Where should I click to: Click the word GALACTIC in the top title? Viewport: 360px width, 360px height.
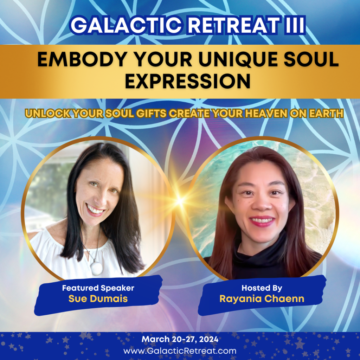pyautogui.click(x=127, y=25)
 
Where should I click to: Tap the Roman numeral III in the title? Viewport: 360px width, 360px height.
pyautogui.click(x=295, y=25)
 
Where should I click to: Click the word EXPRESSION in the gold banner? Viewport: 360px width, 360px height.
pyautogui.click(x=187, y=81)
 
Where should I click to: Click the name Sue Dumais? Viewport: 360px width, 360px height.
pyautogui.click(x=98, y=299)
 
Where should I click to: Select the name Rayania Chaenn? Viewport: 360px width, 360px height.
pyautogui.click(x=262, y=299)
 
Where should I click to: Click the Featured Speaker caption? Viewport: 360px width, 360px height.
pyautogui.click(x=98, y=288)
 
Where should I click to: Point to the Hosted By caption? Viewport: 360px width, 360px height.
pyautogui.click(x=262, y=288)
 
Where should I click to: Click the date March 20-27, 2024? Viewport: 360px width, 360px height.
pyautogui.click(x=180, y=339)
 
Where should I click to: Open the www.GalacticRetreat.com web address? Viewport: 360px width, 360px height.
pyautogui.click(x=180, y=351)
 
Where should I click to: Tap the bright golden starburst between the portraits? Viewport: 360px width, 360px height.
pyautogui.click(x=180, y=201)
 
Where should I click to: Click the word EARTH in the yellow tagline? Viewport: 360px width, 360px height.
pyautogui.click(x=326, y=114)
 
